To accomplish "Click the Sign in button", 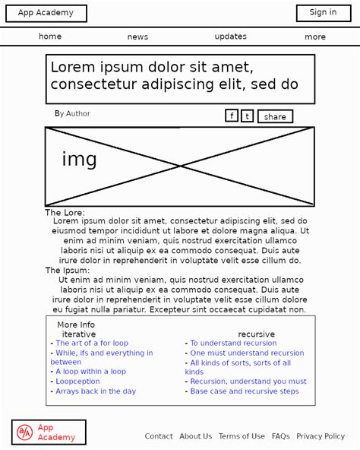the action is coord(323,13).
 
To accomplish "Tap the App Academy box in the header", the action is coord(46,13).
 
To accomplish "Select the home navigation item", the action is coord(50,36).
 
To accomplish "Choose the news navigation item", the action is coord(137,36).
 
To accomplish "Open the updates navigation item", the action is coord(230,36).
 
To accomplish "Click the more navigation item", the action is coord(315,36).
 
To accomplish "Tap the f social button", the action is coord(232,116).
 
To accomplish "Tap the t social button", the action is coord(247,116).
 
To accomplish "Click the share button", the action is coord(275,116).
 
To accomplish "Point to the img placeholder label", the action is coord(79,160).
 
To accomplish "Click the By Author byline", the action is coord(72,114).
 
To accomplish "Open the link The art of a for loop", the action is coord(92,344).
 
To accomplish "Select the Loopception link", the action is coord(77,382).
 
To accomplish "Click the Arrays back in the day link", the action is coord(96,391).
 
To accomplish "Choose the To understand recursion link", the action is coord(233,344).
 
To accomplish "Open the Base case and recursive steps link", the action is coord(245,391).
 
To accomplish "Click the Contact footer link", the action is coord(159,436).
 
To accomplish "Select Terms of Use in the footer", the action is coord(242,436).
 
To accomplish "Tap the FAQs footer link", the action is coord(280,436).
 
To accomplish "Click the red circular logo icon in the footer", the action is coord(25,433).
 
